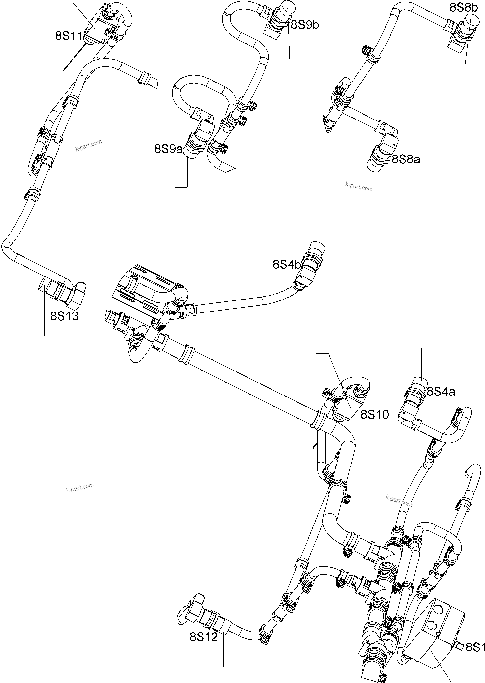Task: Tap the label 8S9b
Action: click(x=305, y=25)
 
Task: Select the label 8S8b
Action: click(x=464, y=8)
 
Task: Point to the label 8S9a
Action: click(x=168, y=148)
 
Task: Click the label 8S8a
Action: click(x=406, y=159)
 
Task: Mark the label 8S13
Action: click(x=64, y=316)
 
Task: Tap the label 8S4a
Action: click(x=440, y=391)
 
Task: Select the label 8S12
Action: click(x=204, y=637)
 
